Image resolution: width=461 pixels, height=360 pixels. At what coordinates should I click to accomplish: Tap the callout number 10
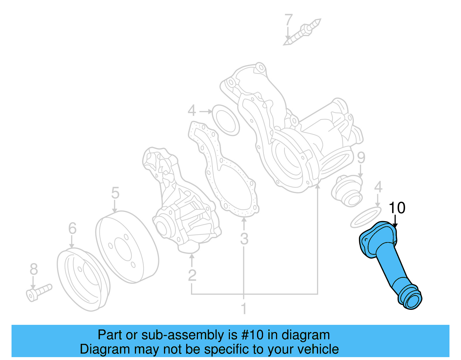(x=397, y=208)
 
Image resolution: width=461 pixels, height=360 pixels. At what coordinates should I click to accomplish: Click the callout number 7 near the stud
(x=288, y=20)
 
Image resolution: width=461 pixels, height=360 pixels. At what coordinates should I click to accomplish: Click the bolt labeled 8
(x=39, y=292)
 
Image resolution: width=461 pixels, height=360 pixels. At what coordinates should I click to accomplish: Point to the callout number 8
(x=34, y=269)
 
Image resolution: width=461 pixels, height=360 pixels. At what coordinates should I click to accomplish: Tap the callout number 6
(x=72, y=228)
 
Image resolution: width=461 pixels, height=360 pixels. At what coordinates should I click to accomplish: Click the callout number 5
(x=115, y=193)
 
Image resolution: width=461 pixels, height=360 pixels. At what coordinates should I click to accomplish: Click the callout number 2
(x=192, y=275)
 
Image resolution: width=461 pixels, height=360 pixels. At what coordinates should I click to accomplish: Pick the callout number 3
(x=244, y=239)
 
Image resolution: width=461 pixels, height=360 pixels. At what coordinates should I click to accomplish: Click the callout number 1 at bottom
(x=244, y=309)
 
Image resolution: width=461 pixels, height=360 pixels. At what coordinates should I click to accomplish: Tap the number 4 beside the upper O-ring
(x=192, y=111)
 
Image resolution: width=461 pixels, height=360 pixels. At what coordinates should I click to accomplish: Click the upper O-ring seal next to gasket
(x=226, y=120)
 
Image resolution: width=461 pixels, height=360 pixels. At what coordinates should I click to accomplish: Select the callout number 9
(x=361, y=157)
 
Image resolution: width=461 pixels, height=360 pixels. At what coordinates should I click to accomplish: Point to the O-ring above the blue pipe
(x=366, y=217)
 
